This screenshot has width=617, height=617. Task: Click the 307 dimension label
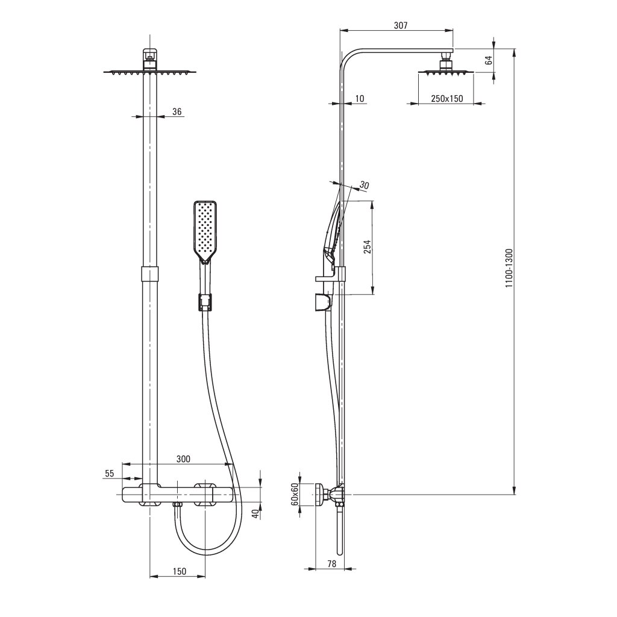pyautogui.click(x=401, y=25)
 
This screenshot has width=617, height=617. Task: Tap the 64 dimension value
pyautogui.click(x=489, y=60)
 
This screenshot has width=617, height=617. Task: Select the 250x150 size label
pyautogui.click(x=447, y=98)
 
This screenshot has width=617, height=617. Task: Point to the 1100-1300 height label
pyautogui.click(x=509, y=268)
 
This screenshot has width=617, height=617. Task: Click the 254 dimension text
pyautogui.click(x=367, y=246)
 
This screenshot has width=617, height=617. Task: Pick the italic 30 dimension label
pyautogui.click(x=364, y=186)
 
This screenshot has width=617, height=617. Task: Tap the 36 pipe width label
pyautogui.click(x=177, y=111)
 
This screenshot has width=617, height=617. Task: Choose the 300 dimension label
pyautogui.click(x=183, y=459)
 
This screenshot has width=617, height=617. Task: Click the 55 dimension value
pyautogui.click(x=110, y=474)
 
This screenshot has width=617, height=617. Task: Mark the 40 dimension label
pyautogui.click(x=255, y=513)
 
